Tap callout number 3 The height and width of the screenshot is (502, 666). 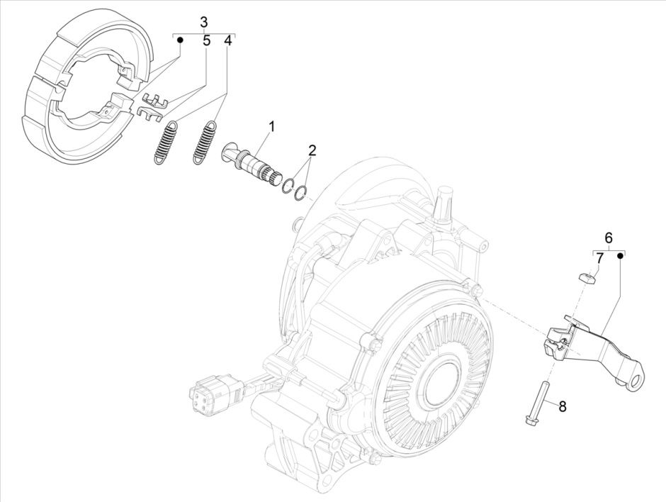click(x=204, y=21)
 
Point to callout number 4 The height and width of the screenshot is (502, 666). click(x=227, y=41)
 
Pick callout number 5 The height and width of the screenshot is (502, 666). click(x=206, y=41)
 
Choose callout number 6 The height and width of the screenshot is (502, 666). click(x=608, y=238)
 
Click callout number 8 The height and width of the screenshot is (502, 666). click(x=563, y=406)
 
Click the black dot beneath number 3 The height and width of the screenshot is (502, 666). click(x=180, y=41)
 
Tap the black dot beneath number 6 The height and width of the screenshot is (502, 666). click(x=621, y=257)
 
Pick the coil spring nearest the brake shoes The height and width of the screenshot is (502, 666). click(x=165, y=143)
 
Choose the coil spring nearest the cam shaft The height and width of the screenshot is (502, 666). click(x=204, y=143)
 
